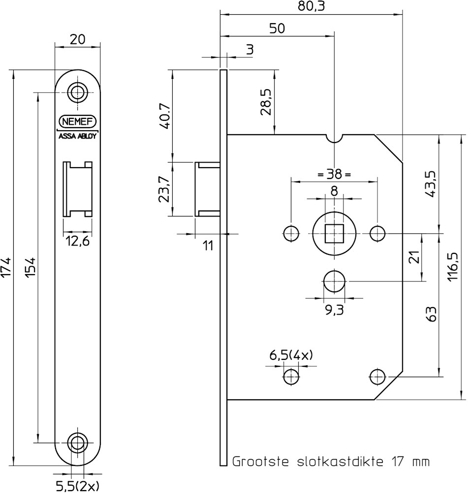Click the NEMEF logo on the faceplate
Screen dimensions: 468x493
click(x=78, y=122)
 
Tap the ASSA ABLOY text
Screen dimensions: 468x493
click(x=78, y=137)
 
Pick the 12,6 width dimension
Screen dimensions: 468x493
click(x=78, y=242)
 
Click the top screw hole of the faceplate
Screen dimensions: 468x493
click(x=77, y=93)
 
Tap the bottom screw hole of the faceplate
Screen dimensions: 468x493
click(x=77, y=443)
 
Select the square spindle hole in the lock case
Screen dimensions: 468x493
click(x=334, y=234)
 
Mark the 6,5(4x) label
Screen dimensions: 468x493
click(x=291, y=355)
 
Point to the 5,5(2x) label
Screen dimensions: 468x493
click(x=78, y=487)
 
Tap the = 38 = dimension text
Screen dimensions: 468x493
click(x=334, y=174)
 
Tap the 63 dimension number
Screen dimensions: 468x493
click(x=432, y=314)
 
